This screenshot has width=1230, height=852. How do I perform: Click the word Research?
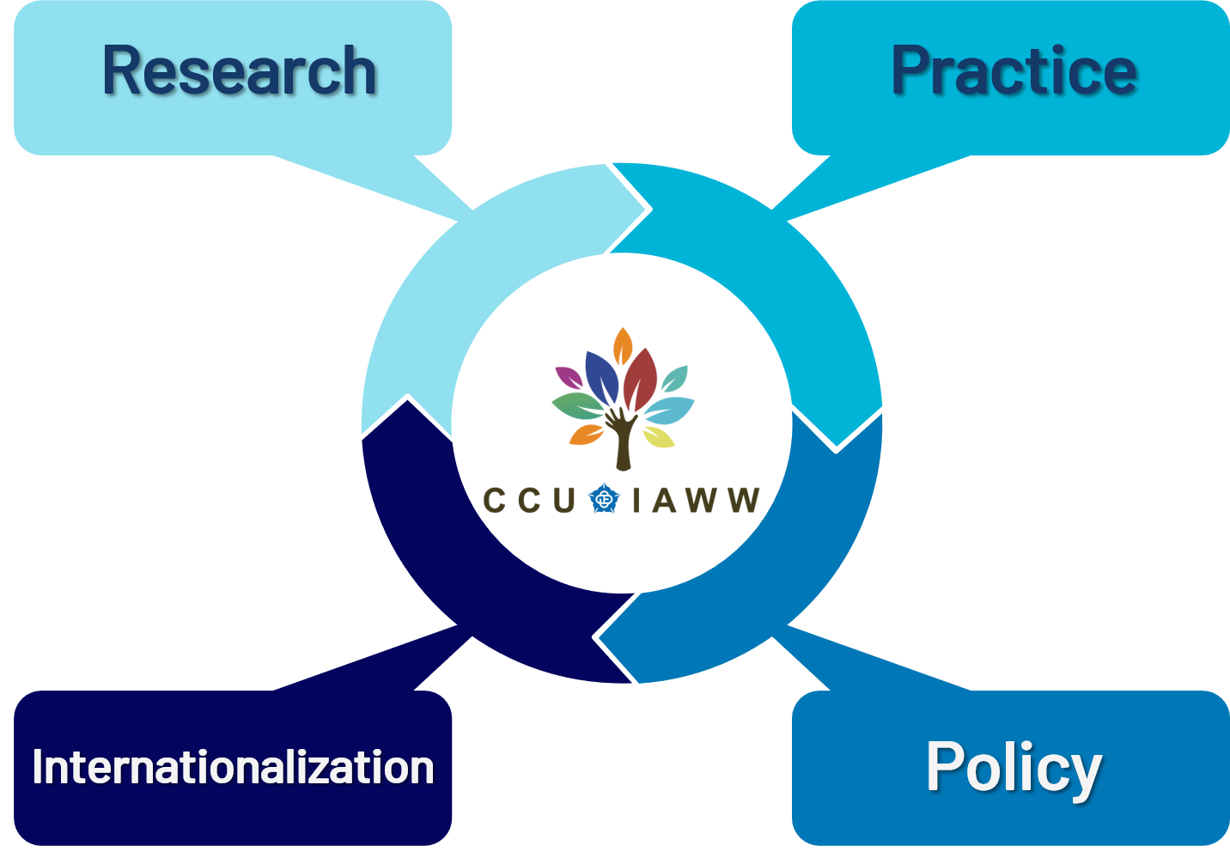click(240, 71)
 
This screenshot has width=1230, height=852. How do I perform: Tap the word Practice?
click(1014, 71)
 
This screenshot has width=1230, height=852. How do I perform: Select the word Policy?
click(1014, 767)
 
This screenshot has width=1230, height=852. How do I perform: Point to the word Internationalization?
click(233, 767)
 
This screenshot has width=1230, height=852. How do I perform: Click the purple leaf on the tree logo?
click(568, 376)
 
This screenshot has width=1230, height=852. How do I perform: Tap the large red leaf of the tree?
click(640, 378)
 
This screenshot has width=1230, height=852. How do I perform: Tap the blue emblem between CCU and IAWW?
click(604, 499)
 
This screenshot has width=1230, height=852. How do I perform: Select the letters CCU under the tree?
click(528, 500)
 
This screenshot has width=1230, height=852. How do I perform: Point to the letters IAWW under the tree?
click(696, 500)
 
